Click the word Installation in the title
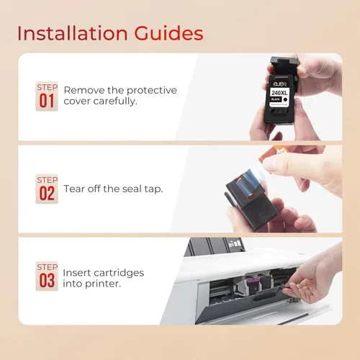point(73,33)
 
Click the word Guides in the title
point(168,33)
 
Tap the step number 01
point(47,101)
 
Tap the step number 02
point(47,194)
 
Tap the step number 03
point(47,281)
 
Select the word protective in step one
point(152,91)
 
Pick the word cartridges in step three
point(119,273)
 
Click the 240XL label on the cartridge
point(279,93)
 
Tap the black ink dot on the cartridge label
point(285,99)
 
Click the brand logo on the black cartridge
point(279,84)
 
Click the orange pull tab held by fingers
point(274,153)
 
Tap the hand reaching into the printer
point(315,276)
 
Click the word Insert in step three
point(76,273)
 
